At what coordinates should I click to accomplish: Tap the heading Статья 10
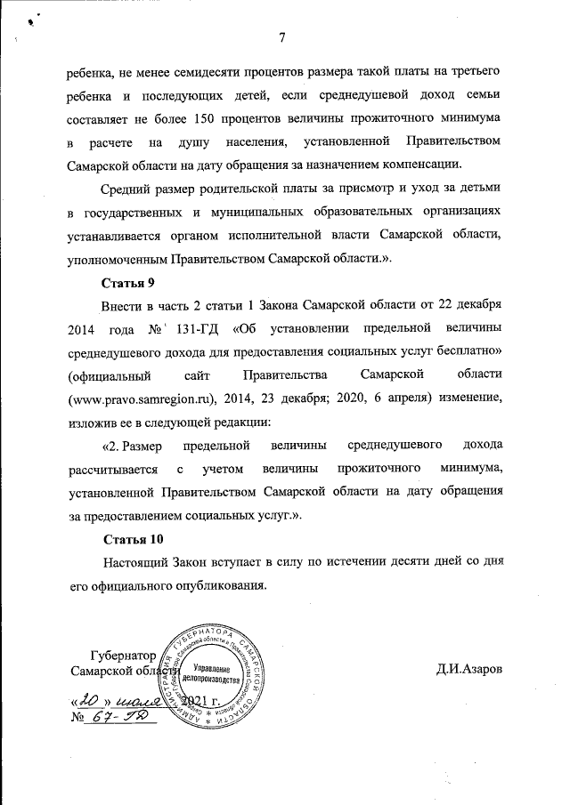pos(134,540)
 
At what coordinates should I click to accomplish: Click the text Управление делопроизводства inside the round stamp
pos(211,673)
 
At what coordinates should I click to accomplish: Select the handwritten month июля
pos(137,700)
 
